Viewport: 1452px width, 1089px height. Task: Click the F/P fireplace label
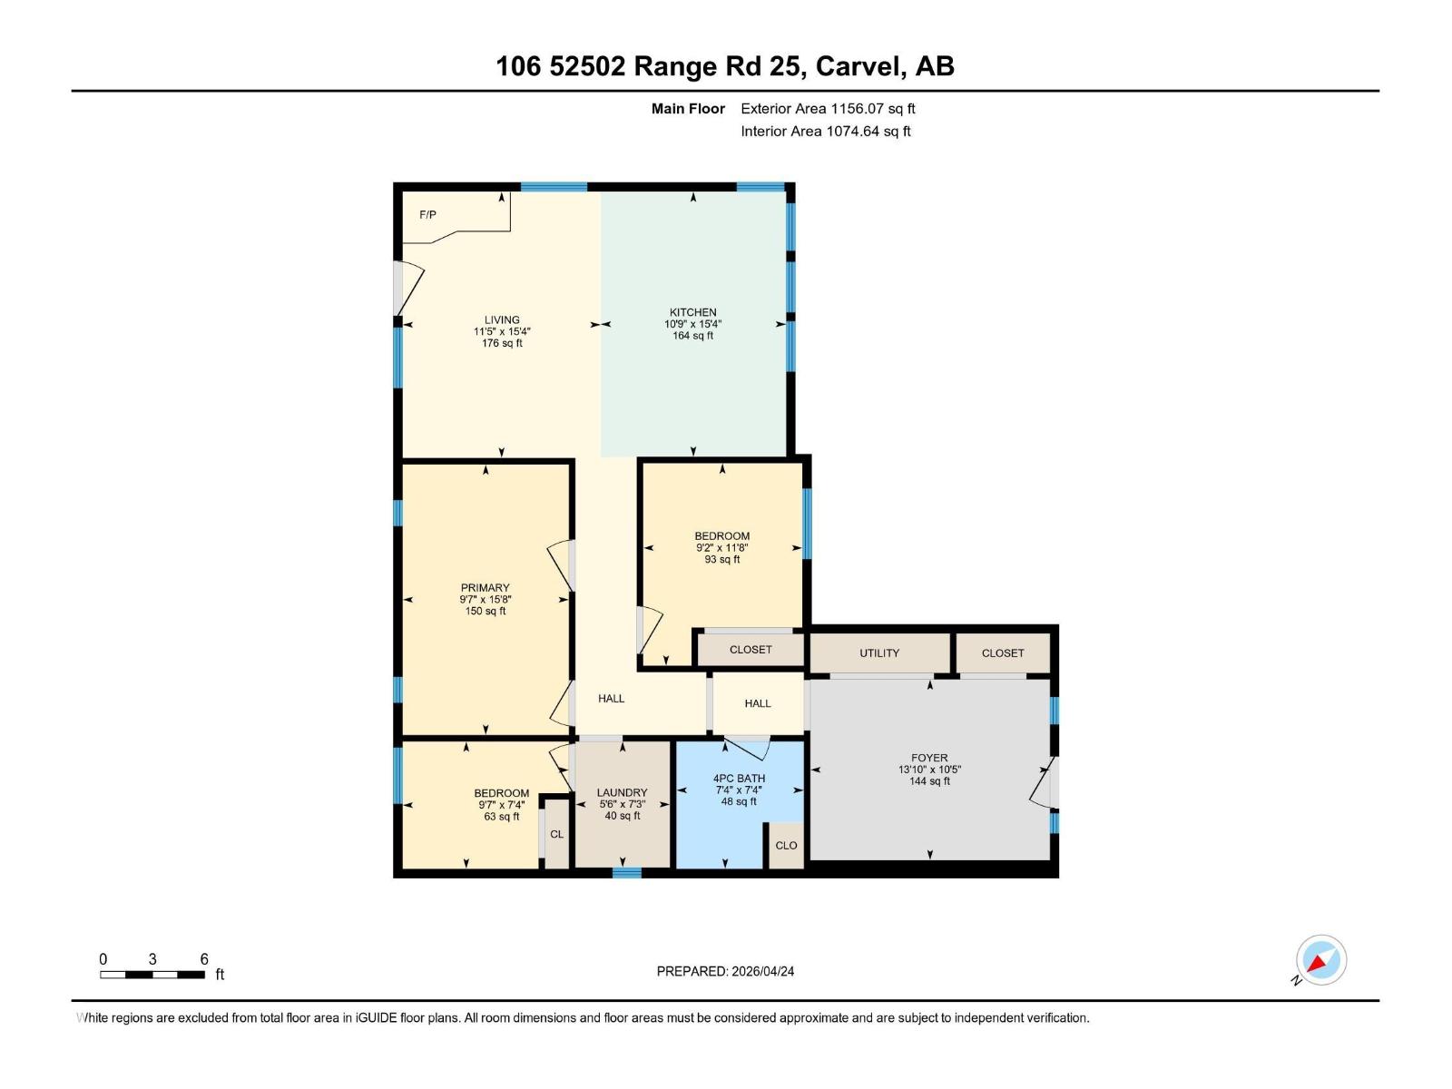click(427, 215)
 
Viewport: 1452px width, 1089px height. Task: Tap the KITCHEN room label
click(693, 312)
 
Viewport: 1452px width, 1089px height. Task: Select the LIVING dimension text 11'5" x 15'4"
click(502, 332)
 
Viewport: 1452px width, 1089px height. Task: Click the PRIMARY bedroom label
click(486, 588)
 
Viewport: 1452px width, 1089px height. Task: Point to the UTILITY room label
click(879, 653)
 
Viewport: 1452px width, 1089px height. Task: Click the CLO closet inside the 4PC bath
click(786, 846)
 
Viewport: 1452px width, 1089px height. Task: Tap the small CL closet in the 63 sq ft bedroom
click(556, 834)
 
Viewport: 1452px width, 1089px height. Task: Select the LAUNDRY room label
click(623, 792)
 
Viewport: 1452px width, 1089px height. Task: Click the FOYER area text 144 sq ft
click(929, 781)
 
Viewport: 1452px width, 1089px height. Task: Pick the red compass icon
click(1320, 960)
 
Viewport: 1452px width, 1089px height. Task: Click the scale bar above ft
click(152, 975)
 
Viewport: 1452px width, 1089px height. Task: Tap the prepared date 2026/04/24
click(761, 971)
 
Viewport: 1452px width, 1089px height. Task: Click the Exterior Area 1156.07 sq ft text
click(828, 109)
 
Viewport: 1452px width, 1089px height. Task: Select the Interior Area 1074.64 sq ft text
click(826, 132)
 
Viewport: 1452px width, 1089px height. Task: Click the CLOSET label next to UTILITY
click(1003, 653)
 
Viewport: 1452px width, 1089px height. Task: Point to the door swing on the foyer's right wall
click(1044, 782)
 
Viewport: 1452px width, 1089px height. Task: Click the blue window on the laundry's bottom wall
click(627, 873)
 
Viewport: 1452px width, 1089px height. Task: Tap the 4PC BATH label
click(739, 779)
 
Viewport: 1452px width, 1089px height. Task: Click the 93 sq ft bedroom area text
click(722, 560)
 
